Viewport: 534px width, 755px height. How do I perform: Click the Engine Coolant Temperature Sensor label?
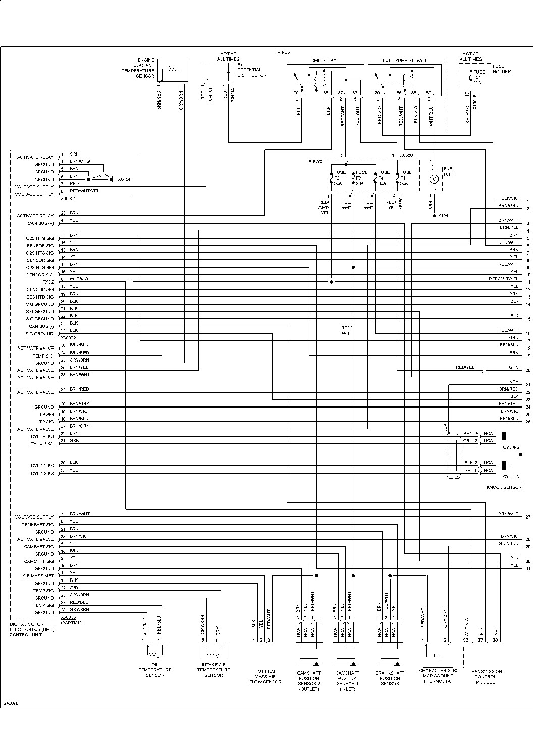(145, 68)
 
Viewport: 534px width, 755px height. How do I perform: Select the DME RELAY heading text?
(324, 60)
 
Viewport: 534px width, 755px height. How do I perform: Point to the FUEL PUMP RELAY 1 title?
(404, 60)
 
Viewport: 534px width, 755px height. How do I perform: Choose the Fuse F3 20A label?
(361, 178)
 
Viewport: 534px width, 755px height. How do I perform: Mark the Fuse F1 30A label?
(405, 178)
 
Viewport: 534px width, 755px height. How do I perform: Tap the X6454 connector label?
(123, 179)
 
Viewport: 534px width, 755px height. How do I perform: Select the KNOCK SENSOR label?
(504, 487)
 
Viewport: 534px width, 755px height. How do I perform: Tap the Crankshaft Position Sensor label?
(390, 678)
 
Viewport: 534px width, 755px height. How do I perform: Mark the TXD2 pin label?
(48, 282)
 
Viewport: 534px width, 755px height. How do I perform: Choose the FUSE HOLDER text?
(501, 69)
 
